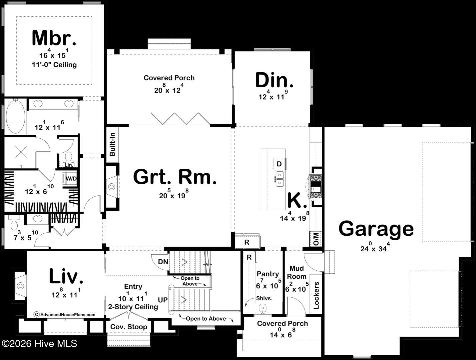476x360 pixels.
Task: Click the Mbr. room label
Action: click(54, 38)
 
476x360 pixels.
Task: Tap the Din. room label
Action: click(274, 80)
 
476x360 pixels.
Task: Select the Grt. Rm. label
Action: click(175, 177)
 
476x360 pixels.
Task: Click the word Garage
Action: click(376, 229)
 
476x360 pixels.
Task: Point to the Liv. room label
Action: click(66, 276)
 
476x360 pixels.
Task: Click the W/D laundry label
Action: click(71, 179)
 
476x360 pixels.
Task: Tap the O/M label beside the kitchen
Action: click(316, 239)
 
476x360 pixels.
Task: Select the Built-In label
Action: click(112, 144)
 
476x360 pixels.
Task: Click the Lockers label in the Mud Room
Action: click(316, 295)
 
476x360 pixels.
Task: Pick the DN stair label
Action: click(163, 262)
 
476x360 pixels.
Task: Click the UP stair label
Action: click(163, 300)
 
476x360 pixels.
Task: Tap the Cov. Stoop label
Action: click(129, 327)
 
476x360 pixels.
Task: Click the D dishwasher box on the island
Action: click(279, 164)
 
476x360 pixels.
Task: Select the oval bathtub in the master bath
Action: click(15, 117)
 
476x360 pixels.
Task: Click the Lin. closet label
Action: click(69, 165)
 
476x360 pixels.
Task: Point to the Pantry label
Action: click(267, 274)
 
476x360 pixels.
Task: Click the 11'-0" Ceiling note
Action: click(54, 65)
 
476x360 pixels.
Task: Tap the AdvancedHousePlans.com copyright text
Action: click(64, 314)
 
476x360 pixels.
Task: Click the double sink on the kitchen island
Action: click(279, 179)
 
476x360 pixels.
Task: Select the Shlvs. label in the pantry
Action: click(264, 298)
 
